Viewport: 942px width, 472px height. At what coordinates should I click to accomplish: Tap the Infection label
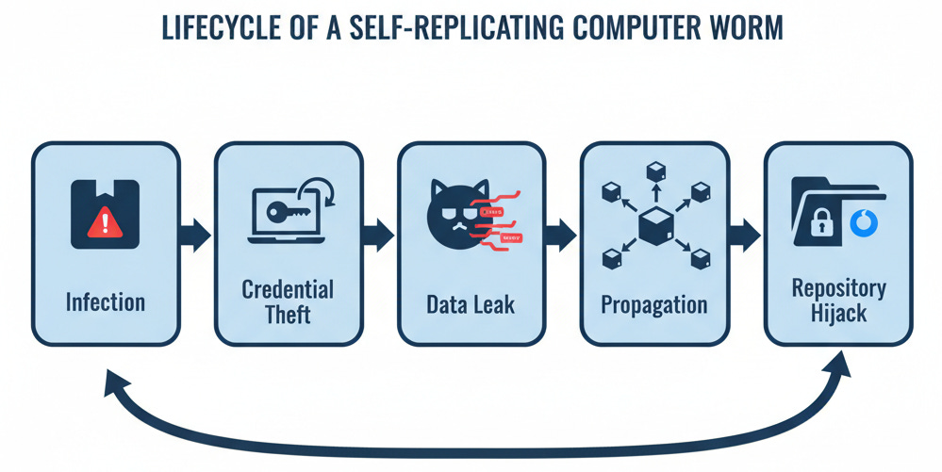[x=106, y=302]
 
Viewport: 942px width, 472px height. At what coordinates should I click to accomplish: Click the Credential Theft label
[x=288, y=301]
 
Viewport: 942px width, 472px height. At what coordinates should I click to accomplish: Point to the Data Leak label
[x=471, y=304]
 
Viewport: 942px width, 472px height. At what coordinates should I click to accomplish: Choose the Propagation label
[x=653, y=304]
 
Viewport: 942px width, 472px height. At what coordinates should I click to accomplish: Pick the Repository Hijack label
[x=836, y=301]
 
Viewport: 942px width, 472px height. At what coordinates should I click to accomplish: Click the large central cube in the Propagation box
[x=653, y=227]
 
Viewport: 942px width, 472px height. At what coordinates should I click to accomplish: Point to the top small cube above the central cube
[x=653, y=171]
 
